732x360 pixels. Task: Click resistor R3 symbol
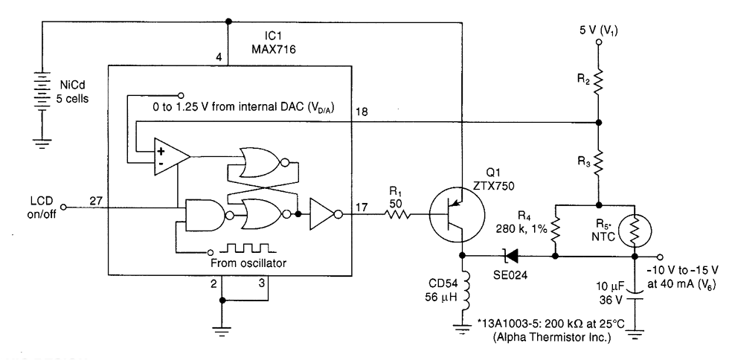coord(599,161)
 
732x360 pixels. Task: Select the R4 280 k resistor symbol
coord(556,231)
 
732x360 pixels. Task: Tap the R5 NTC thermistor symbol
coord(635,231)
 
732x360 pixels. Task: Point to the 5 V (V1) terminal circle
coord(599,43)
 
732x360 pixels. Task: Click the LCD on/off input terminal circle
coord(65,206)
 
